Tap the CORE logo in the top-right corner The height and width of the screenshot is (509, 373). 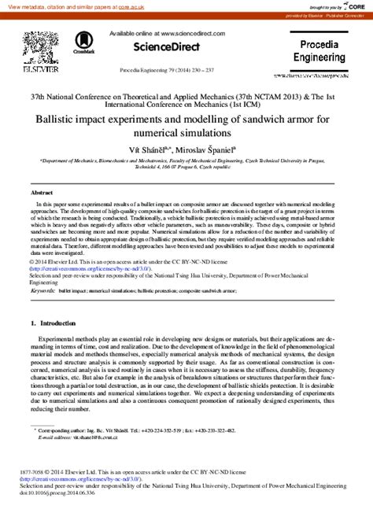(x=354, y=6)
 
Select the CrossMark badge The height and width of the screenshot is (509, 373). (x=82, y=42)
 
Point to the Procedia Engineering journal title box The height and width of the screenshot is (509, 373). (x=324, y=52)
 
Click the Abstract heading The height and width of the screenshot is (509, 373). (x=42, y=192)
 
